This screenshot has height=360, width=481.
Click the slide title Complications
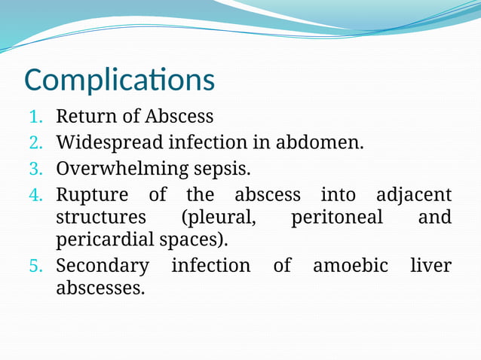tap(119, 80)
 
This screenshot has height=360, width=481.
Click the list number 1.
tap(37, 117)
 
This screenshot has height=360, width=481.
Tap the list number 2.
tap(37, 142)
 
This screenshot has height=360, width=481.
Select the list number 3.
tap(37, 168)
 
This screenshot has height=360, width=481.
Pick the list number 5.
tap(37, 266)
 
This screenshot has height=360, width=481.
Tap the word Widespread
tap(109, 142)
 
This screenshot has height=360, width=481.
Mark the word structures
tap(101, 218)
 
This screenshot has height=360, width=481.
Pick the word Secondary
tap(102, 266)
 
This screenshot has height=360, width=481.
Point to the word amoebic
tap(350, 266)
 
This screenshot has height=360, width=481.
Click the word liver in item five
tap(431, 266)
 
